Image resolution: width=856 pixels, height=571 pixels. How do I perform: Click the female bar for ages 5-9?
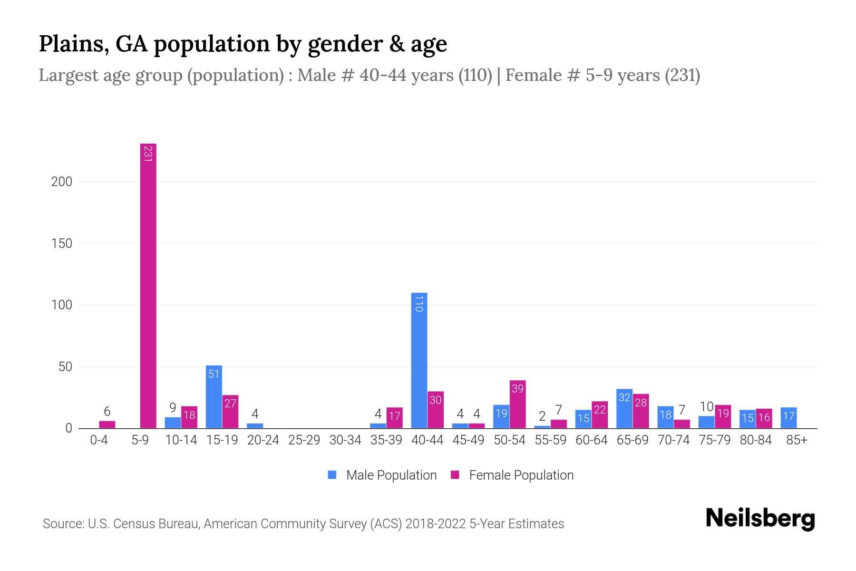(x=148, y=285)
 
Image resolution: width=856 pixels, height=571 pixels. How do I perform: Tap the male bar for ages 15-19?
(x=214, y=397)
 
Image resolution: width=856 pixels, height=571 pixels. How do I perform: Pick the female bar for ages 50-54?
(x=517, y=404)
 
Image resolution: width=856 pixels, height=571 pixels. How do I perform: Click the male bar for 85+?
(x=788, y=418)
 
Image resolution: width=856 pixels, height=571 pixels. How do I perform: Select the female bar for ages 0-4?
(x=107, y=424)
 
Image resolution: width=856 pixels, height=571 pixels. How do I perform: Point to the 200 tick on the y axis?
(x=62, y=182)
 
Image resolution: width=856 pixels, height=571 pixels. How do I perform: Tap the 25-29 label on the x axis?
(x=304, y=440)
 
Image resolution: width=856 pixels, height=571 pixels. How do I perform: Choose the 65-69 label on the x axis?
(x=632, y=440)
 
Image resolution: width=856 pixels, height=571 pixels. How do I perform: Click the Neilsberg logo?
(x=760, y=519)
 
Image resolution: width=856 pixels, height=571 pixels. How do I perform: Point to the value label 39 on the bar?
(x=517, y=389)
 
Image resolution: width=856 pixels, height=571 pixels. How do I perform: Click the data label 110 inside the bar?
(x=419, y=304)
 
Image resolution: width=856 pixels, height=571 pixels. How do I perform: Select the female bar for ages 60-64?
(x=600, y=415)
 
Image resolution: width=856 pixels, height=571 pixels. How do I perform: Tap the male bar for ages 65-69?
(x=624, y=409)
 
